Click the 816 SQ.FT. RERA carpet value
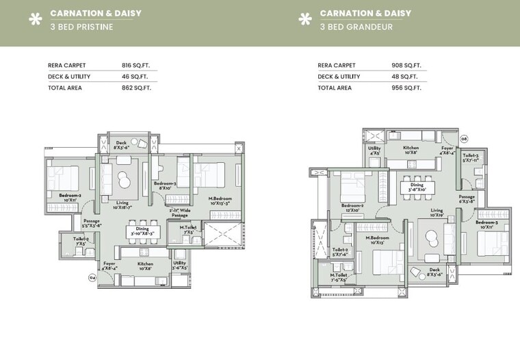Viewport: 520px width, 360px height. tap(135, 66)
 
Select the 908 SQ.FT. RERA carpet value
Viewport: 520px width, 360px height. tap(406, 66)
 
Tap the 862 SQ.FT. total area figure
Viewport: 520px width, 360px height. tap(135, 88)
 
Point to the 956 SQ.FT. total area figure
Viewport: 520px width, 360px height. tap(406, 88)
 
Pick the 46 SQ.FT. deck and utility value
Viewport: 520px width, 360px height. tap(135, 77)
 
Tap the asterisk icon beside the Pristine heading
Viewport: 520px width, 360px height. tap(35, 19)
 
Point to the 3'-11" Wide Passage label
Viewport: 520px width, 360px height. tap(179, 213)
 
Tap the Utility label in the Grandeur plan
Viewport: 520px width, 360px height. tap(374, 150)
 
